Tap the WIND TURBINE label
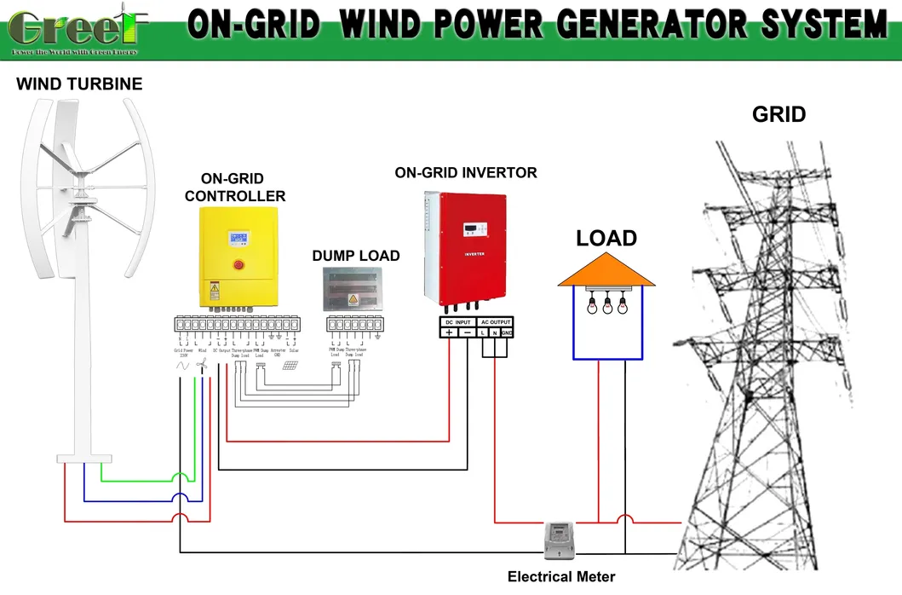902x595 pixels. point(79,84)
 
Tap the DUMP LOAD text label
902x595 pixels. point(355,256)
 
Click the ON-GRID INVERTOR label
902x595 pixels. point(465,173)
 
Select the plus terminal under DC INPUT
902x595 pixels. point(449,332)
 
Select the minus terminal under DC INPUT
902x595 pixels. point(467,332)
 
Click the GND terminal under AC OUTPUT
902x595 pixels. point(506,332)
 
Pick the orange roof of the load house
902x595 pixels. point(606,270)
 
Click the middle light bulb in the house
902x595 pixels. point(606,303)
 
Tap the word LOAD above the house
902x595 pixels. point(606,238)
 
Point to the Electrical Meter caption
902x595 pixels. point(560,577)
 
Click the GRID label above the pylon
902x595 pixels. point(778,114)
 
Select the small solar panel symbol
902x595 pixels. point(290,367)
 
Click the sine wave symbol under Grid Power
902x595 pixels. point(181,365)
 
